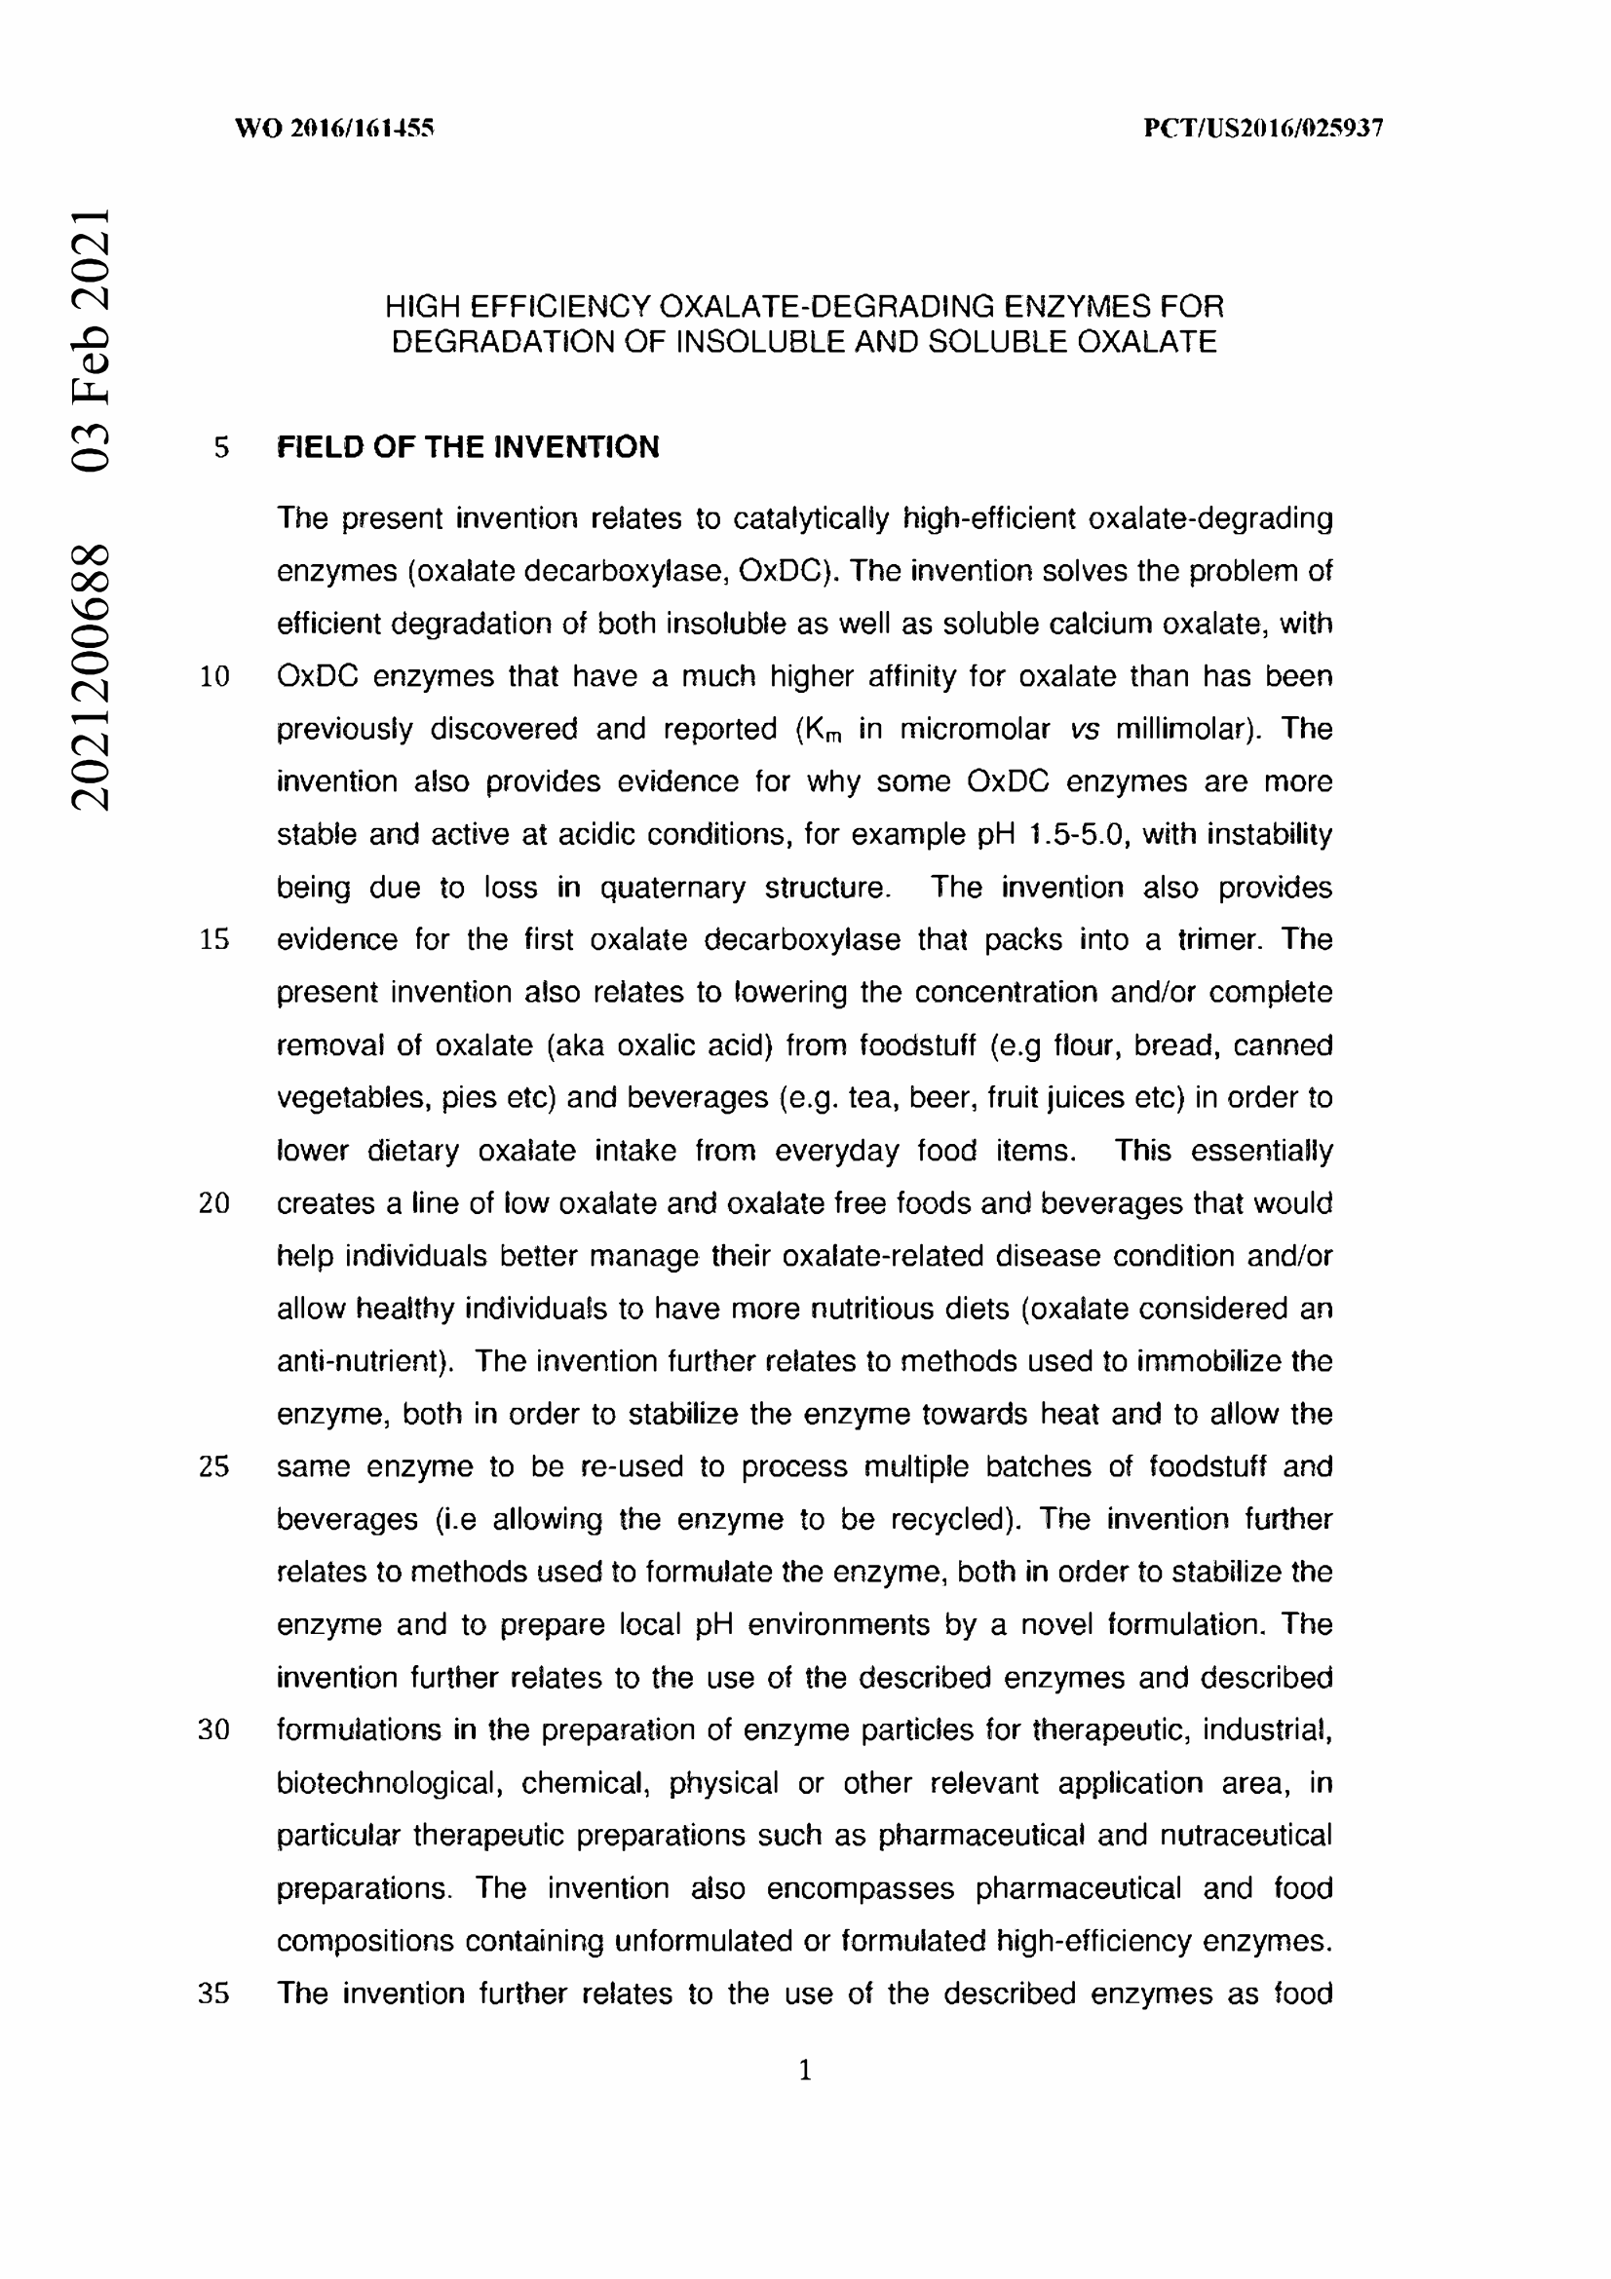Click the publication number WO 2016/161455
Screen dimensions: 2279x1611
(x=333, y=128)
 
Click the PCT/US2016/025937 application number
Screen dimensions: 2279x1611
(x=1263, y=128)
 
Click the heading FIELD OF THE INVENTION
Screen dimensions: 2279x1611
(x=468, y=446)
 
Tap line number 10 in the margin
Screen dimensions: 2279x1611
(x=214, y=677)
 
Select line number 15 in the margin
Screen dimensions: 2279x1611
(x=214, y=939)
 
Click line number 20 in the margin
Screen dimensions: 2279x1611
(x=214, y=1203)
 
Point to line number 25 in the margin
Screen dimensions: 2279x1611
(x=214, y=1466)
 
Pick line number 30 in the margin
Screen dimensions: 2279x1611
(x=214, y=1729)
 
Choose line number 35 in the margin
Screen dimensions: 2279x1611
(x=214, y=1994)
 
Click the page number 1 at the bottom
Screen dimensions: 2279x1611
(x=805, y=2070)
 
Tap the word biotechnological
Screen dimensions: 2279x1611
(x=385, y=1783)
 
